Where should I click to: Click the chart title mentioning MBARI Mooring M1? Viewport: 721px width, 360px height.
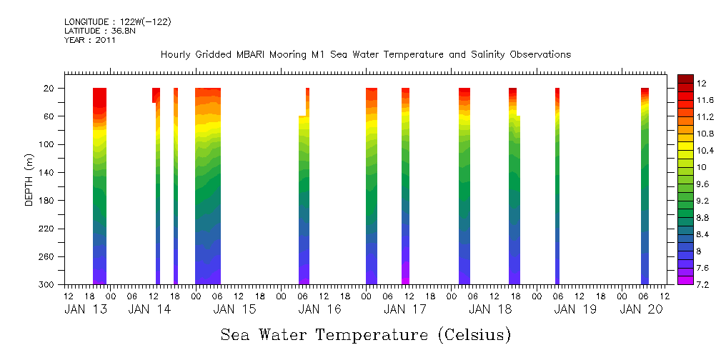(x=365, y=54)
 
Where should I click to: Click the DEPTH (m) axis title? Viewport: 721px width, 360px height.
(x=29, y=183)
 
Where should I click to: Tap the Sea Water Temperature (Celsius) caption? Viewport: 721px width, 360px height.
(x=366, y=334)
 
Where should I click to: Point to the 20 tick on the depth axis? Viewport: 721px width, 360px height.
(x=50, y=89)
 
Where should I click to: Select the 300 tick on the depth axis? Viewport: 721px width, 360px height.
(x=48, y=285)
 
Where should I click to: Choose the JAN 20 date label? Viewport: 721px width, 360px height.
(x=641, y=309)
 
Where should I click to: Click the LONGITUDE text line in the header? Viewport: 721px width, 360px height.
(x=117, y=22)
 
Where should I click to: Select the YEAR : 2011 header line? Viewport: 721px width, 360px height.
(x=90, y=40)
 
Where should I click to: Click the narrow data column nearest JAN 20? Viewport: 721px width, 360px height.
(x=645, y=186)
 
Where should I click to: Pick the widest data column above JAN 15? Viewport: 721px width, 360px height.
(x=208, y=186)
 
